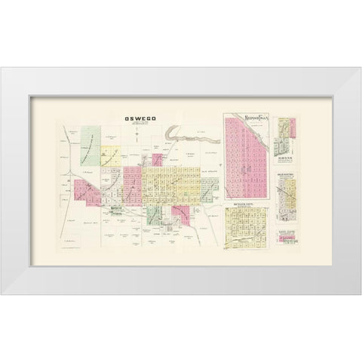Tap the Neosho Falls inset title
[248, 118]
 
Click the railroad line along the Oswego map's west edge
[61, 196]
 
